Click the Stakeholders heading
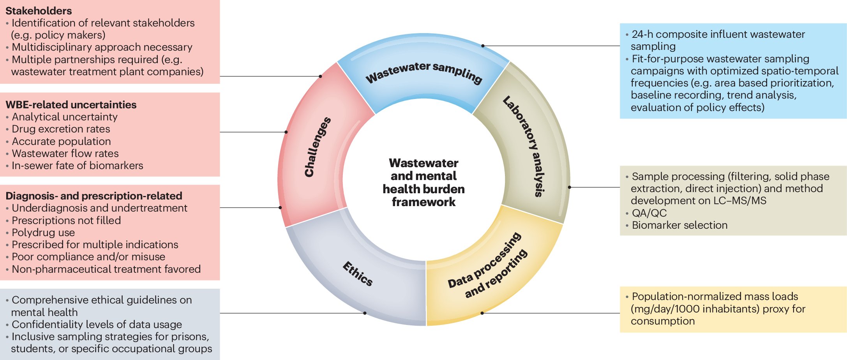point(39,11)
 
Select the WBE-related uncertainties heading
point(71,104)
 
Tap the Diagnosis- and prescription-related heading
point(94,196)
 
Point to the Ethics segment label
point(358,274)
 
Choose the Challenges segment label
point(317,147)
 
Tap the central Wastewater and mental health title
point(423,182)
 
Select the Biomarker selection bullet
point(679,225)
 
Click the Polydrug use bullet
point(43,232)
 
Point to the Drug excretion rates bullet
point(61,129)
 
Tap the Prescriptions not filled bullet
point(66,220)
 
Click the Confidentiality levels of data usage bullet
point(97,324)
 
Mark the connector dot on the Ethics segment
point(365,313)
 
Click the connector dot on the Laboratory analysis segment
point(569,187)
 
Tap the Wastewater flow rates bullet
point(65,153)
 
